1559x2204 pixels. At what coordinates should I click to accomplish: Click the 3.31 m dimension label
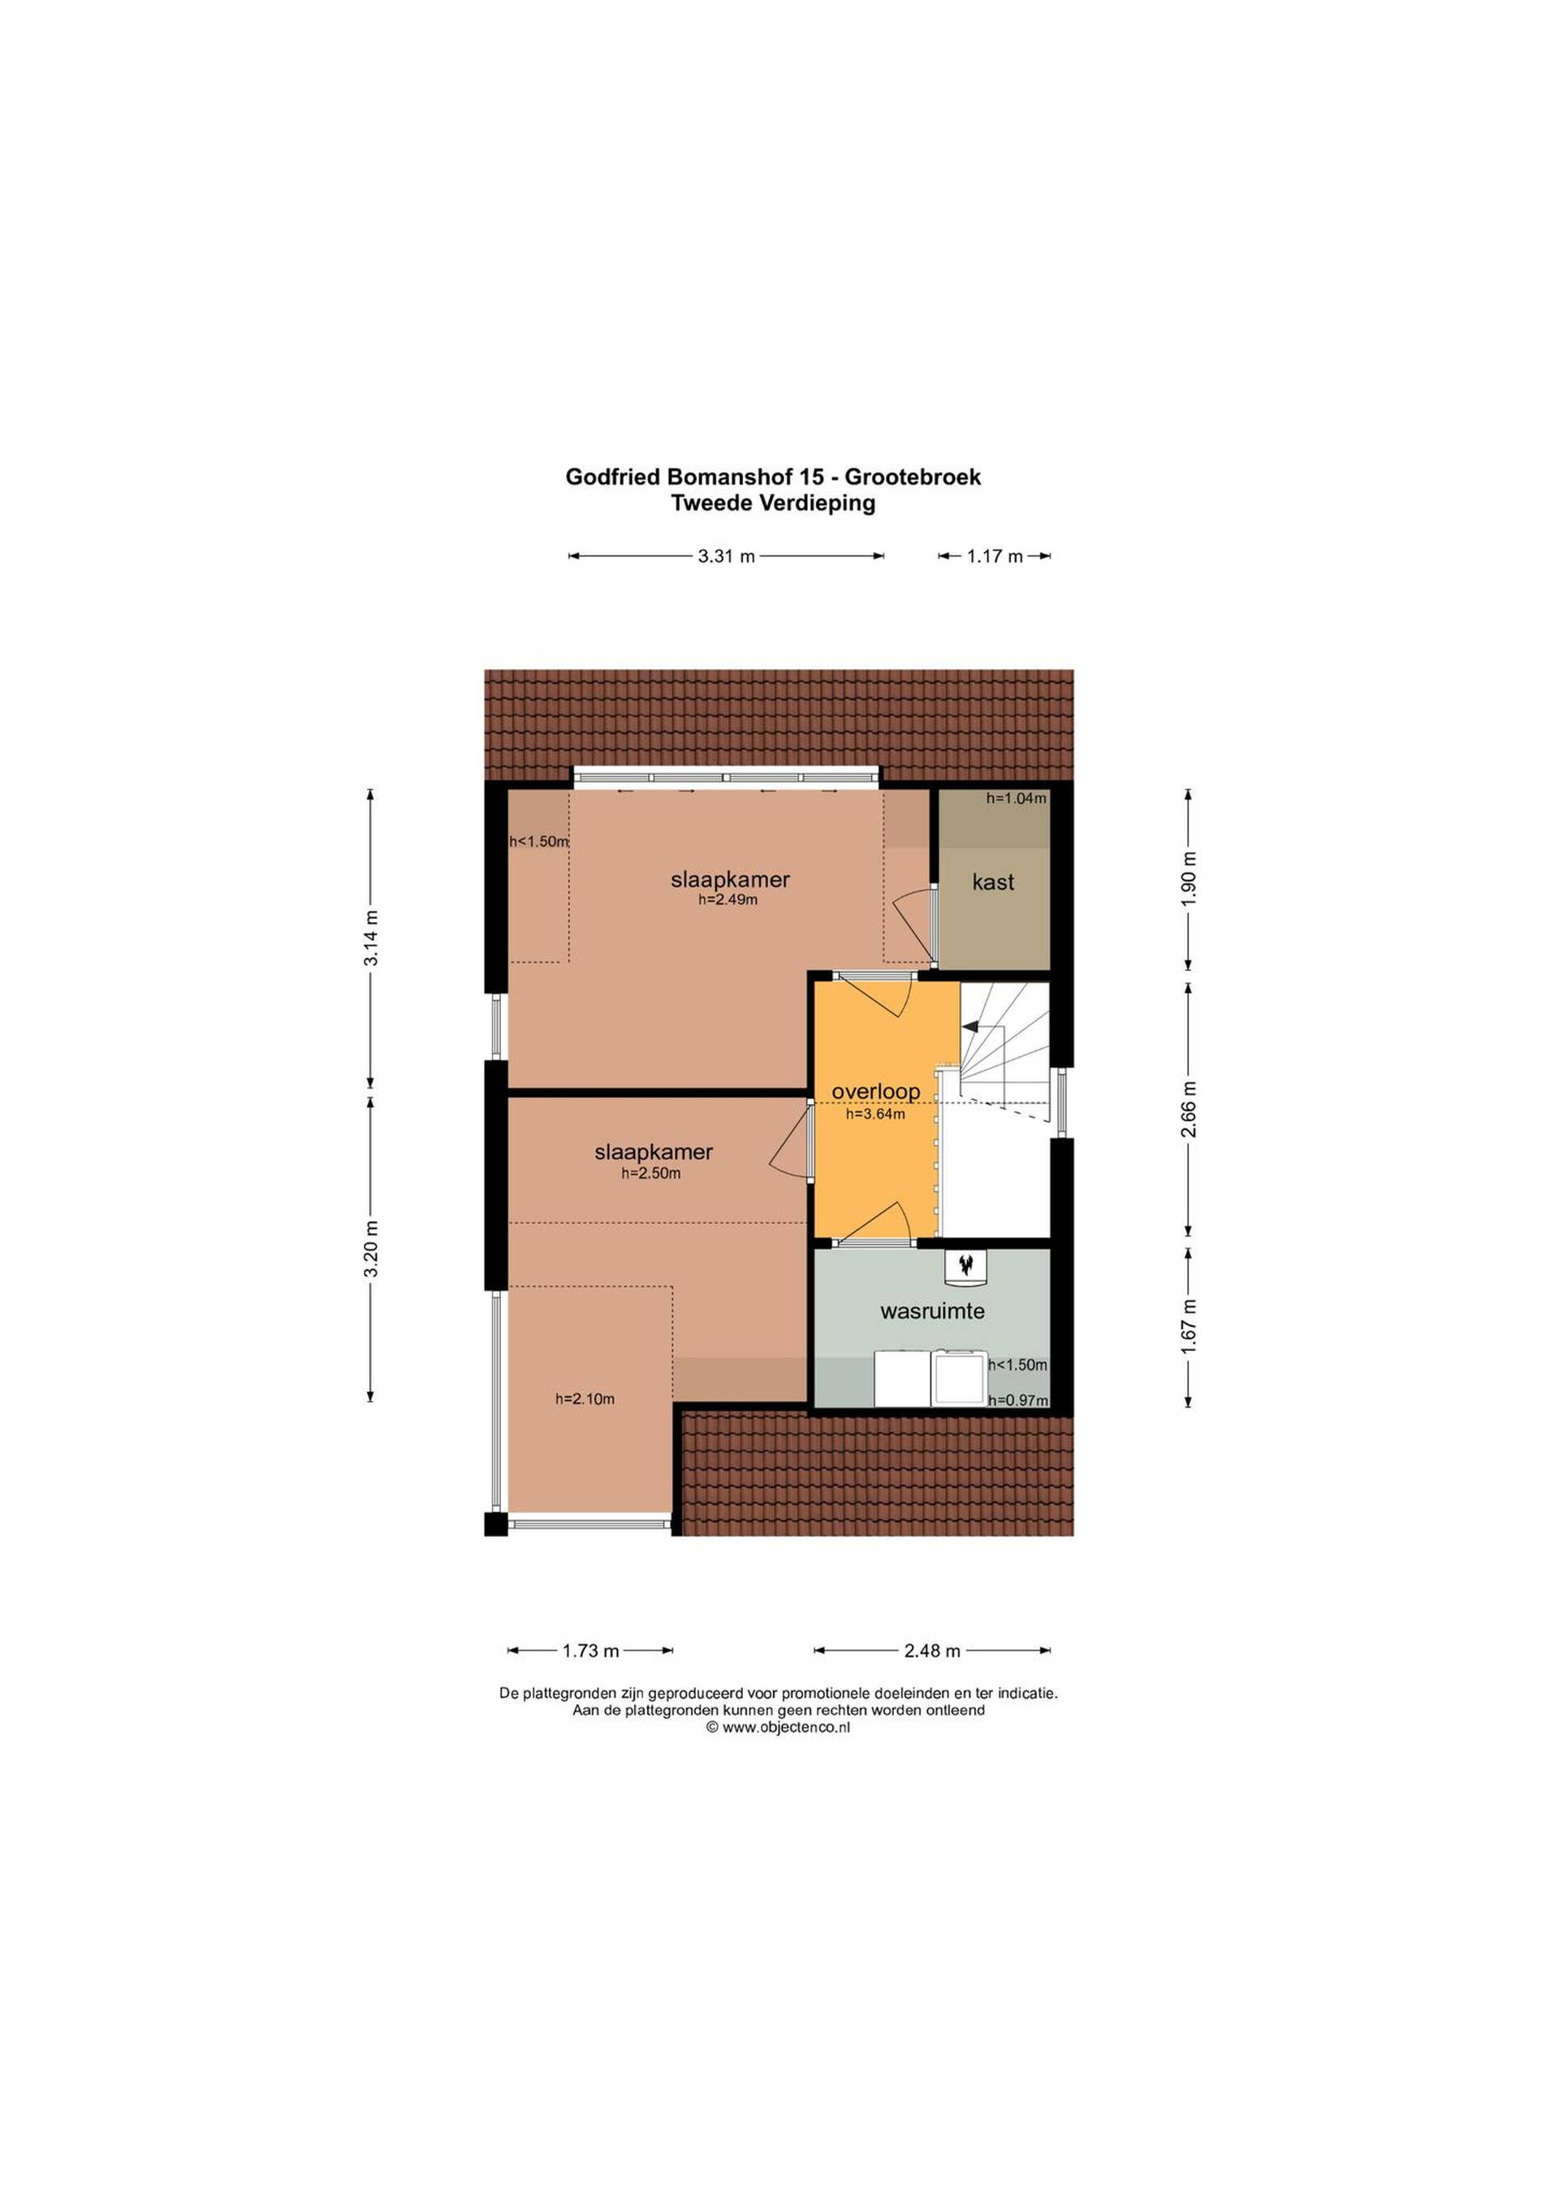tap(726, 556)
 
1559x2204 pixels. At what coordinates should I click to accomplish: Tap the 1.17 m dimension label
tap(995, 556)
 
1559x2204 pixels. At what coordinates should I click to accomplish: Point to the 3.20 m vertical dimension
tap(370, 1248)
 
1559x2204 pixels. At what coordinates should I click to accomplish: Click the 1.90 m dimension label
tap(1190, 878)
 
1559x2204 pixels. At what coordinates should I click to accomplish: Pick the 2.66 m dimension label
tap(1190, 1109)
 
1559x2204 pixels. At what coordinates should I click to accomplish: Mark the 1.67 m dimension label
tap(1190, 1326)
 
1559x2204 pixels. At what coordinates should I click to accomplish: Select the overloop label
tap(875, 1091)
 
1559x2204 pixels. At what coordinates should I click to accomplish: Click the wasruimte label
tap(932, 1310)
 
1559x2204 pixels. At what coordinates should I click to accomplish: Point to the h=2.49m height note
tap(728, 899)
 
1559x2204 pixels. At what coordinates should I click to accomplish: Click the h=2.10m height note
tap(585, 1399)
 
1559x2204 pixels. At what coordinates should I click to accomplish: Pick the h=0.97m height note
tap(1017, 1400)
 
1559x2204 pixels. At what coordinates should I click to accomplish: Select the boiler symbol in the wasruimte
tap(965, 1266)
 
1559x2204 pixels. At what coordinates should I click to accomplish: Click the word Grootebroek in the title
tap(912, 477)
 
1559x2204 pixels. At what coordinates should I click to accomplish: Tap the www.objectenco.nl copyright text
tap(779, 1727)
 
